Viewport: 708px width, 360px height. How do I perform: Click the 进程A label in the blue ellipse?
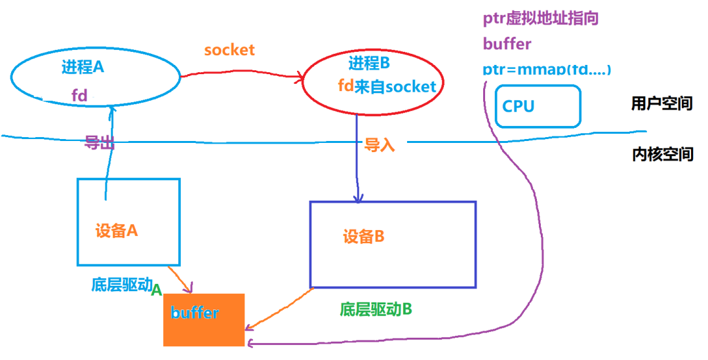(83, 67)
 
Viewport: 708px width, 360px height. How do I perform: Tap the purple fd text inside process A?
(79, 96)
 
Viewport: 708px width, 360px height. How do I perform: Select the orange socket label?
(229, 50)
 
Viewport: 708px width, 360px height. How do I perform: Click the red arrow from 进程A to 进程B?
(243, 75)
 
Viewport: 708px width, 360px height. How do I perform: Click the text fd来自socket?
(386, 86)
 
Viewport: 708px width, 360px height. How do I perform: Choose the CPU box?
(538, 106)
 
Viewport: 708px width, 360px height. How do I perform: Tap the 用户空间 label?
(661, 103)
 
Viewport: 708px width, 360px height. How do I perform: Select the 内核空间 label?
(662, 154)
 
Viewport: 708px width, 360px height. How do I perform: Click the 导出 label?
(100, 143)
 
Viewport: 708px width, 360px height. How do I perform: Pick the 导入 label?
(380, 145)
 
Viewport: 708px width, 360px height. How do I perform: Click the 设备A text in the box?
(117, 231)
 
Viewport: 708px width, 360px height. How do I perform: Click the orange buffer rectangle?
(203, 320)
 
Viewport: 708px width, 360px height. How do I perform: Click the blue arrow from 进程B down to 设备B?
(357, 157)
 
